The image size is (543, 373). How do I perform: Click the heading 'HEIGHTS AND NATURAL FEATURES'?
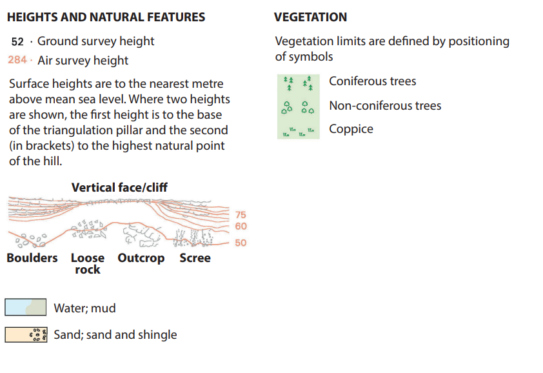click(106, 17)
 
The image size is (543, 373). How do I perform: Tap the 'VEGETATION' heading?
click(310, 17)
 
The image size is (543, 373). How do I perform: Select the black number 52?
click(17, 41)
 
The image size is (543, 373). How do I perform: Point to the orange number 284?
click(17, 60)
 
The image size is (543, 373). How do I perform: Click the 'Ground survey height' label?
click(95, 41)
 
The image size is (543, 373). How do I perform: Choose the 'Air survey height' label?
click(83, 60)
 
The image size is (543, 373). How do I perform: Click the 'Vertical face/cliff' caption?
click(119, 188)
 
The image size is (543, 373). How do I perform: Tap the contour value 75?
click(241, 215)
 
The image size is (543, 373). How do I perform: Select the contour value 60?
click(241, 227)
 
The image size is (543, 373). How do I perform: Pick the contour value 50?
click(241, 243)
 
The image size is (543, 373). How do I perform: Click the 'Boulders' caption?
click(32, 258)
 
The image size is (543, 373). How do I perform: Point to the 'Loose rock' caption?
click(87, 263)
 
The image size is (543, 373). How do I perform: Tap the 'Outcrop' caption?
click(141, 258)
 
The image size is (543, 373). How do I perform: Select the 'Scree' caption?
click(195, 258)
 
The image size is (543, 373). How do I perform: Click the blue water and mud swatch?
click(25, 307)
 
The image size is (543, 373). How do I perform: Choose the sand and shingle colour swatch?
click(25, 334)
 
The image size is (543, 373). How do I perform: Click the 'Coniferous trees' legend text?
click(372, 81)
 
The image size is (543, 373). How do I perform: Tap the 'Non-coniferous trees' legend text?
click(385, 105)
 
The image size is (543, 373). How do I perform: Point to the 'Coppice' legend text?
click(351, 129)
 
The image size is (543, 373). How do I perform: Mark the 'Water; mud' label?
click(84, 308)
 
